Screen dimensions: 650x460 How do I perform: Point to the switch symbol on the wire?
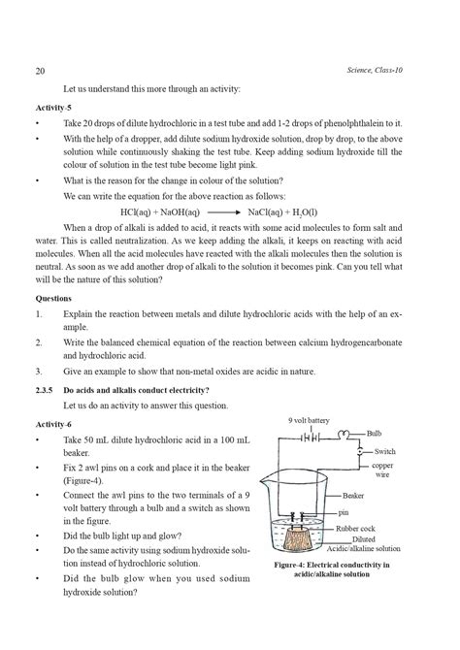[361, 451]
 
